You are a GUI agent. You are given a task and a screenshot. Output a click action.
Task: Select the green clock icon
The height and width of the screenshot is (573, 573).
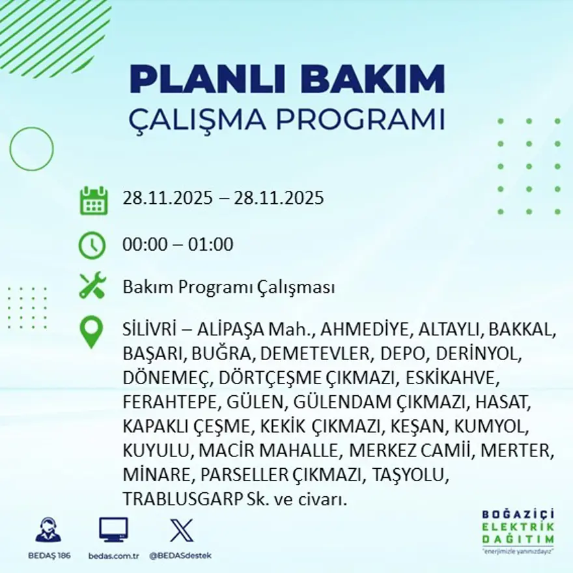click(92, 245)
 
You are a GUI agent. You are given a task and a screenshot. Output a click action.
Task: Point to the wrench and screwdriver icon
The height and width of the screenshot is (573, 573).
click(92, 286)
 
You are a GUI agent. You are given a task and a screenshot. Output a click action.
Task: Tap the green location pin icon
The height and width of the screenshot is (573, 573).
click(92, 331)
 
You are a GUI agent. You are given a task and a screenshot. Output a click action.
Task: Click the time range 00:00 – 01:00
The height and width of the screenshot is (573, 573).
click(178, 245)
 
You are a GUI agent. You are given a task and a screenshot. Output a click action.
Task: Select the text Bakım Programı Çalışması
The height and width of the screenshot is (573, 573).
click(229, 287)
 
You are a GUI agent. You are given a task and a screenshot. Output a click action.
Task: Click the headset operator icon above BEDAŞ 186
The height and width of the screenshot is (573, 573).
click(48, 530)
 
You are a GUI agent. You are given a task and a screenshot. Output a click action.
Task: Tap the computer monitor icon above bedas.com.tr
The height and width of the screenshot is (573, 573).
click(113, 530)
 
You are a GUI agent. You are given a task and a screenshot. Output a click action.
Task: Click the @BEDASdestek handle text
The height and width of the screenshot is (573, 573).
click(180, 555)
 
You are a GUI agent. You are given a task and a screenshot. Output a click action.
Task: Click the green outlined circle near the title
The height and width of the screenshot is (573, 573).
click(31, 149)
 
